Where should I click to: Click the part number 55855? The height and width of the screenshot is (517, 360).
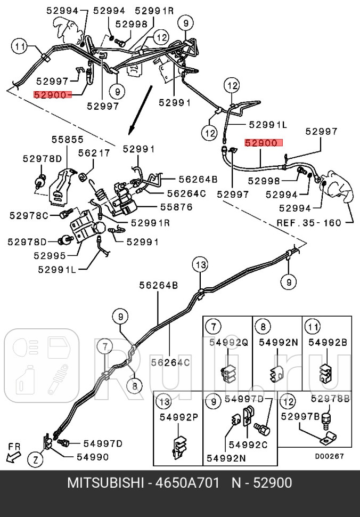[68, 140]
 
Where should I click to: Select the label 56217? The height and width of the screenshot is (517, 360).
[94, 152]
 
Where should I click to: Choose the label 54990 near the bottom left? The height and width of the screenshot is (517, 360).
[92, 457]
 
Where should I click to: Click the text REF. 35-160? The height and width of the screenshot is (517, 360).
[309, 222]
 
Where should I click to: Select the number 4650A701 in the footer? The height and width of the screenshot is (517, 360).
[187, 483]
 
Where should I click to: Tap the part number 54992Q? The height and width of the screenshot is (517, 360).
[227, 343]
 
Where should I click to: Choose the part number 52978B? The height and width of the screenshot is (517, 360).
[330, 398]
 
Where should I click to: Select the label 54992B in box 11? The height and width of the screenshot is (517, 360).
[326, 343]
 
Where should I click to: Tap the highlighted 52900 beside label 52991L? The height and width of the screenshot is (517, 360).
[264, 143]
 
